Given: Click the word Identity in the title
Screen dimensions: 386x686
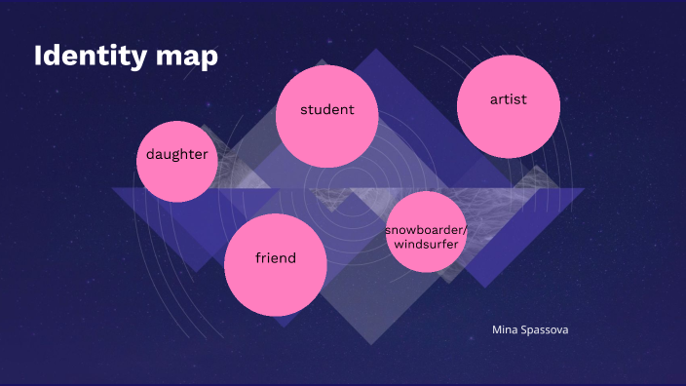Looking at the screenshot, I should point(91,56).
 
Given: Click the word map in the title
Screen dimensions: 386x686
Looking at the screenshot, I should point(186,57).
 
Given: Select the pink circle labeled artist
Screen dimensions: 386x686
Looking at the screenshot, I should point(508,105).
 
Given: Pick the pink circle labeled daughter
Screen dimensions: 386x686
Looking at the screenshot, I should point(177,161).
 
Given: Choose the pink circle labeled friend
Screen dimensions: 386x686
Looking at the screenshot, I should point(275,263).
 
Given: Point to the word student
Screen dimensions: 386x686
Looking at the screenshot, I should point(326,109).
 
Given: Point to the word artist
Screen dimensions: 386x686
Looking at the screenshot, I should point(508,99).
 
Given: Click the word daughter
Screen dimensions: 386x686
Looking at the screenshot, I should point(177,154).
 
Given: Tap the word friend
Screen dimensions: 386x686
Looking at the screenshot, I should point(275,258).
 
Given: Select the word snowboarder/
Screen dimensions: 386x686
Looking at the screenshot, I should point(426,229).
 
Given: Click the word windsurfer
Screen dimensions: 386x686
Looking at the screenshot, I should point(426,244).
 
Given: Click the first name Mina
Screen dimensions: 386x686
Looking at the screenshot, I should point(506,329).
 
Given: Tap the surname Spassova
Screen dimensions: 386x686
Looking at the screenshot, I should point(546,329).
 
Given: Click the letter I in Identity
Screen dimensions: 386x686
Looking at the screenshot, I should point(38,56).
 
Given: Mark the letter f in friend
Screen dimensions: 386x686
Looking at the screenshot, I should point(257,257).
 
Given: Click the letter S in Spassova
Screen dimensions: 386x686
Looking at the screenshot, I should point(526,329).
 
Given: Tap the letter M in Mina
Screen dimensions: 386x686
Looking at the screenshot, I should point(497,329).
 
